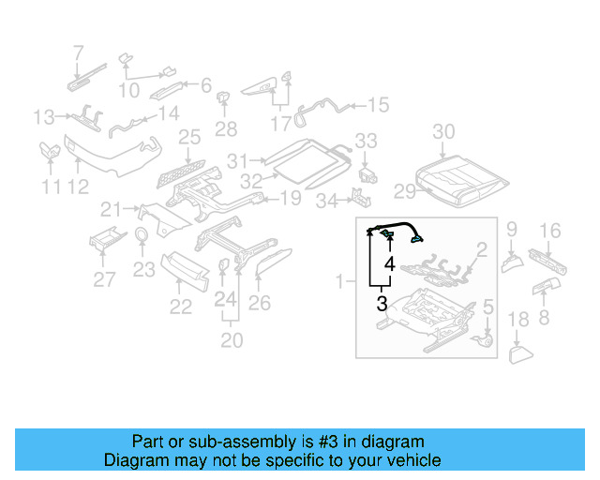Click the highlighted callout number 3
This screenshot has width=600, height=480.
click(x=382, y=303)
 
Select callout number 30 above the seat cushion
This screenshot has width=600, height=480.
click(x=443, y=131)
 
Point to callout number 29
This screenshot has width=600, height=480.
click(x=404, y=192)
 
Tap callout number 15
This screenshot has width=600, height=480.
click(x=377, y=105)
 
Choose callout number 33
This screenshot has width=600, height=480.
click(x=366, y=142)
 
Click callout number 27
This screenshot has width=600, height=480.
click(x=104, y=278)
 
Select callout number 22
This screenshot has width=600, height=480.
click(x=180, y=307)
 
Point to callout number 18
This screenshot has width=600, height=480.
click(x=517, y=323)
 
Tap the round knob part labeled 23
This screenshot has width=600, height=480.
click(x=142, y=235)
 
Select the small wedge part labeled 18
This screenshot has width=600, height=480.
click(x=519, y=353)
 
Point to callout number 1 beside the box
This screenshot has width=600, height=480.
click(x=340, y=279)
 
